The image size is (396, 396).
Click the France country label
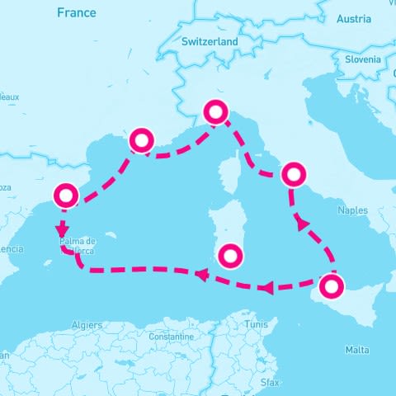76,12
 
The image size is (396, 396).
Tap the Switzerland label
210,41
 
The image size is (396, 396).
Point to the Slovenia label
363,59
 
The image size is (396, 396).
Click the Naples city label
352,210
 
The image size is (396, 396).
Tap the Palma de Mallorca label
78,245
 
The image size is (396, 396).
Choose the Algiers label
87,325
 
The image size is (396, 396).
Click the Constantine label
171,337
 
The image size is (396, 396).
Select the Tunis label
256,324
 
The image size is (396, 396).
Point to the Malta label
357,350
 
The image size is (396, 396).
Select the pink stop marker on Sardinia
231,253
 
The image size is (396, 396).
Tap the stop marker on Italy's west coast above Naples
294,174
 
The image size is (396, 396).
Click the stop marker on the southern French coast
142,140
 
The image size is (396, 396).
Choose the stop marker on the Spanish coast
66,196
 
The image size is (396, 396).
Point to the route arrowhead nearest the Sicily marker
266,288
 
